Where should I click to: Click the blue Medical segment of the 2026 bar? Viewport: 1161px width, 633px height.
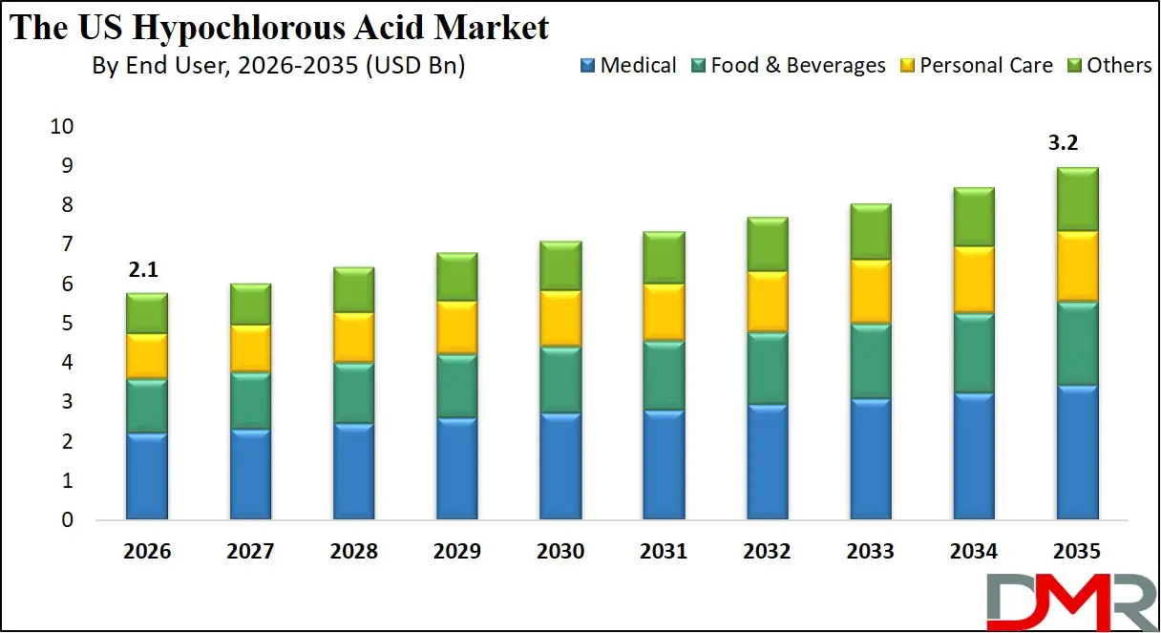tap(147, 476)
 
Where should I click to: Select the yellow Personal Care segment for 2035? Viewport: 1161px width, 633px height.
tap(1077, 266)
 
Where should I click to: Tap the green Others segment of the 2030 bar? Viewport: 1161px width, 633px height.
tap(560, 265)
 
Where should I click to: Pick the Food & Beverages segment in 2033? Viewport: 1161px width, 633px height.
tap(871, 361)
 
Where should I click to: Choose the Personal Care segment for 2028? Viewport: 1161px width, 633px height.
tap(353, 337)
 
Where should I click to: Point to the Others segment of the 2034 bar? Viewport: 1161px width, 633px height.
tap(974, 217)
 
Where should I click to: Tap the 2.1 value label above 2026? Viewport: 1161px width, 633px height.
tap(143, 271)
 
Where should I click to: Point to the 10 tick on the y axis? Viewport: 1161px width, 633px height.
tap(61, 127)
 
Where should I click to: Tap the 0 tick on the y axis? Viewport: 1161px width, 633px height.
tap(67, 520)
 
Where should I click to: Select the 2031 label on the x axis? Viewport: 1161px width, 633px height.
tap(664, 552)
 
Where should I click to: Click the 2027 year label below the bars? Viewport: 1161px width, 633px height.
tap(250, 552)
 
